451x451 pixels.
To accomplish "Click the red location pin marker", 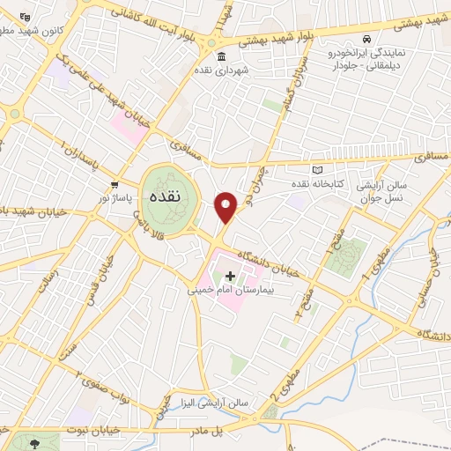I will tap(226, 206).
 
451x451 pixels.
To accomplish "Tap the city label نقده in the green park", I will tap(166, 196).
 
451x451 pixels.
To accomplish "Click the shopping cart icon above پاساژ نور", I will tap(115, 185).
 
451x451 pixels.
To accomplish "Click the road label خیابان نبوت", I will tap(91, 428).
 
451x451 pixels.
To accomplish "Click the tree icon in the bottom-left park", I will tap(34, 444).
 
